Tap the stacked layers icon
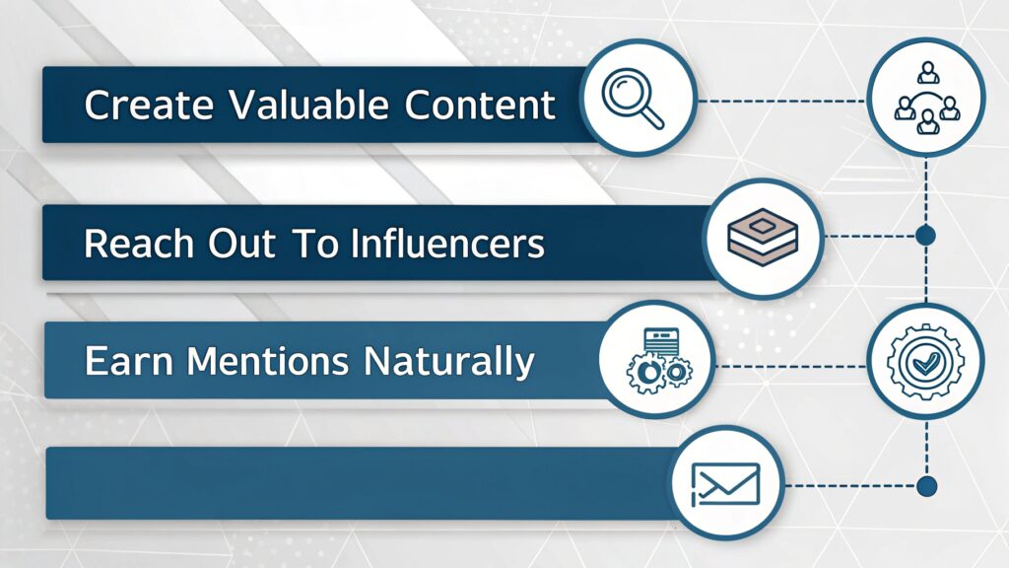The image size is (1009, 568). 764,237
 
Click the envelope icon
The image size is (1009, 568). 727,483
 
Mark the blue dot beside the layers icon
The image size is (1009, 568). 925,236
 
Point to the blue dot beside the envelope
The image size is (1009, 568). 925,485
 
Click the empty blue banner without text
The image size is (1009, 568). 355,482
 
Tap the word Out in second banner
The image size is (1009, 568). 234,243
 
